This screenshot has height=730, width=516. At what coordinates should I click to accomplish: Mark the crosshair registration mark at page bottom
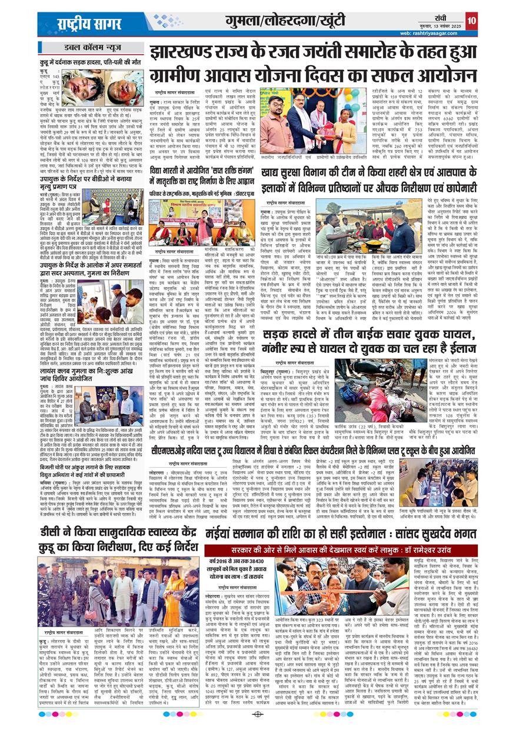(258, 714)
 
